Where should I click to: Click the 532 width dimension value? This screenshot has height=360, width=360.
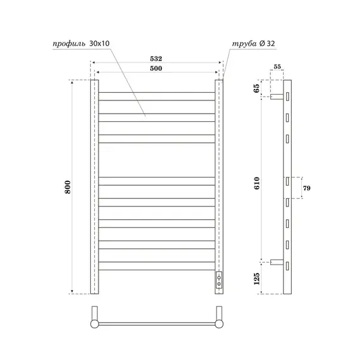pos(157,57)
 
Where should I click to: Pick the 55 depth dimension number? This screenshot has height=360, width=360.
pos(277,66)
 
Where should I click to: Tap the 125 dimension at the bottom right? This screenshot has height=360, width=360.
pos(256,277)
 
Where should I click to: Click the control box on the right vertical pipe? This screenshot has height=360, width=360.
pos(219,280)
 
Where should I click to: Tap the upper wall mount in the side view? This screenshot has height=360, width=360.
pos(277,97)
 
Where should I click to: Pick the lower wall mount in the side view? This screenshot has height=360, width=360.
pos(277,263)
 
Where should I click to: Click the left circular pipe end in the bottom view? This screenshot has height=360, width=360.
pos(95,323)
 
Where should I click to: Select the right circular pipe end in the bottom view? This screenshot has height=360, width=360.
pos(220,323)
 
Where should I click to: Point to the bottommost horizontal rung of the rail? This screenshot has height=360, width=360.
pos(157,267)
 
